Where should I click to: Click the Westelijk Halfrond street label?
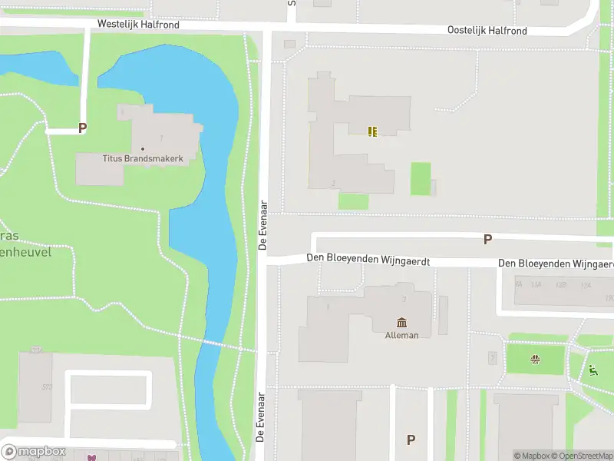(x=138, y=25)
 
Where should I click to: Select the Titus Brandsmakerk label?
(x=143, y=158)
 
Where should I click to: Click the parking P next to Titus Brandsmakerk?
(x=82, y=129)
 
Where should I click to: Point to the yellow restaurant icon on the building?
(x=372, y=131)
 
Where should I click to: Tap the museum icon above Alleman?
(x=401, y=322)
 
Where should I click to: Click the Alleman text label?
(x=401, y=335)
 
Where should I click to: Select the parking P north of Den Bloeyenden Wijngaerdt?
(x=487, y=240)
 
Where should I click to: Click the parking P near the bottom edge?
(x=411, y=439)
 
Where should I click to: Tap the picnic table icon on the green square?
(x=536, y=358)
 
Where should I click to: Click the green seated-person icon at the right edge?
(x=593, y=370)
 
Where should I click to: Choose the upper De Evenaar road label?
(x=262, y=225)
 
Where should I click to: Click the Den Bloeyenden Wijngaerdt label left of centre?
(x=368, y=261)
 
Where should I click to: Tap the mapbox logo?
(x=35, y=452)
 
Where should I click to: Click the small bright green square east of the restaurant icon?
(x=420, y=178)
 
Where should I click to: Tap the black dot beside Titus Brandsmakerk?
(x=143, y=148)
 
